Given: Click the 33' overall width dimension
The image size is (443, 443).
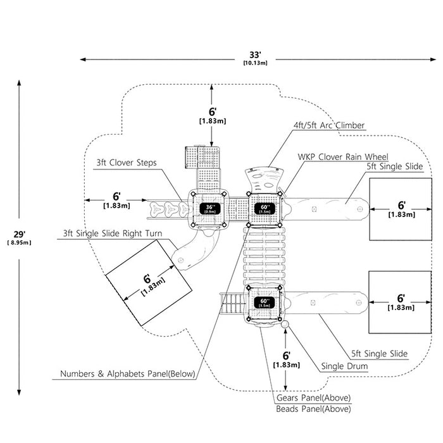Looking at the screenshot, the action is click(x=255, y=58).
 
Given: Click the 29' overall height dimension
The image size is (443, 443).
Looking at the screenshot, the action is click(x=19, y=238).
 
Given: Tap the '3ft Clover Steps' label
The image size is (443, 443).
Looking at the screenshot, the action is click(x=127, y=163).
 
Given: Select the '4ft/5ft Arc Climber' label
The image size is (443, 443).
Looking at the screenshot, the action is click(x=329, y=125).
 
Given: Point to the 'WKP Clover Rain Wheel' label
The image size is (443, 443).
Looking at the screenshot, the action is click(x=343, y=157).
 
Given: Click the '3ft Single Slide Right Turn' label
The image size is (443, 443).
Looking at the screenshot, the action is click(x=113, y=234).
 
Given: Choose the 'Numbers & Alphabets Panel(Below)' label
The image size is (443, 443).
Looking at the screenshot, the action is click(x=128, y=374).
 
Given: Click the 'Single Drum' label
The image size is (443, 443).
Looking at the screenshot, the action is click(x=344, y=366).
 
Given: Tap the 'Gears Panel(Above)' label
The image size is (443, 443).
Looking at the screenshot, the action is click(x=313, y=398).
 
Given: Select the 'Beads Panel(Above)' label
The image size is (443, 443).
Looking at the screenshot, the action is click(x=313, y=409).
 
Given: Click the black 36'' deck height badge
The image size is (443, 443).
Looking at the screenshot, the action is click(x=209, y=209).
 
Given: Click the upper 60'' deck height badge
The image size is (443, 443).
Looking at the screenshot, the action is click(x=265, y=209).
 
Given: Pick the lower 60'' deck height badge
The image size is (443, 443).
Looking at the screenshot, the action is click(x=264, y=303).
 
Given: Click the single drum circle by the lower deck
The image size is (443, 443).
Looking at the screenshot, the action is click(x=285, y=324).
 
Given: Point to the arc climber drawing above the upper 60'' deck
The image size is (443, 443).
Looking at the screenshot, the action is click(x=264, y=180).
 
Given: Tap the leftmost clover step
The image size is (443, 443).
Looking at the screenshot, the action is click(x=157, y=209).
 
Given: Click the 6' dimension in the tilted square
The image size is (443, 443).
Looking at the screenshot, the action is click(x=151, y=284).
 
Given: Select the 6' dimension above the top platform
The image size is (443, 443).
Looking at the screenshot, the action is click(x=213, y=116).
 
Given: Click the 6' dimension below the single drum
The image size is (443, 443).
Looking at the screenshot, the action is click(x=286, y=359).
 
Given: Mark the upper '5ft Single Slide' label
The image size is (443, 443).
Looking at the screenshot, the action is click(x=395, y=166).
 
